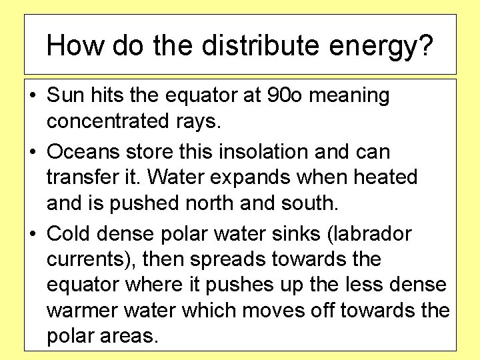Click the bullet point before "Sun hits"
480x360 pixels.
pos(32,96)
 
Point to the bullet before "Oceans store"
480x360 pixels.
pos(32,153)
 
